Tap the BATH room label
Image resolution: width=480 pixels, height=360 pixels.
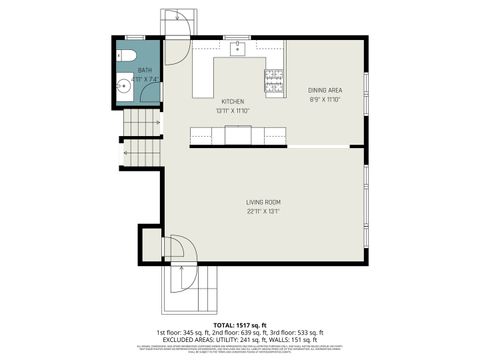pos(131,70)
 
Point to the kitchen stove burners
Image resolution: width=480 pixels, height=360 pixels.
pos(273,75)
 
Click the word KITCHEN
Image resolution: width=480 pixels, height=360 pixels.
pos(232,102)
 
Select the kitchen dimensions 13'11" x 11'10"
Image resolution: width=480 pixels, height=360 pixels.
pos(232,111)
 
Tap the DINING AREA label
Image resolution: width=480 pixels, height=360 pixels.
pos(325,91)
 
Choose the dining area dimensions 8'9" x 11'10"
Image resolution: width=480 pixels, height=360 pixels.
pos(325,100)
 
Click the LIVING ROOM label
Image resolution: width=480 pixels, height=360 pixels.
pos(263,203)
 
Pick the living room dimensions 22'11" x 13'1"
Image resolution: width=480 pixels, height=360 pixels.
pos(263,212)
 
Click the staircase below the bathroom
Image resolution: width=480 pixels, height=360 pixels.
pos(139,126)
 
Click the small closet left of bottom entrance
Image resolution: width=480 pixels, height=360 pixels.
pos(151,243)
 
